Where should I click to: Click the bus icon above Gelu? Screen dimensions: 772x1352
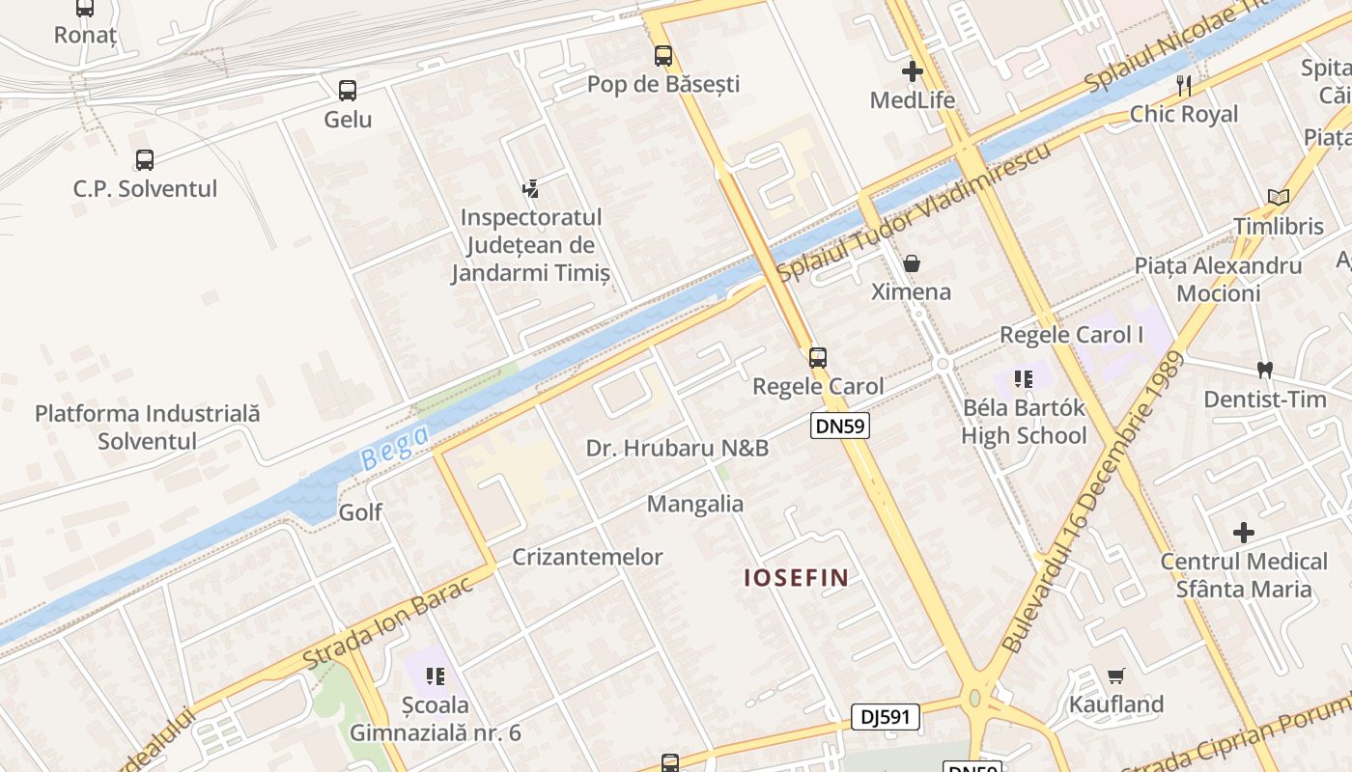[348, 91]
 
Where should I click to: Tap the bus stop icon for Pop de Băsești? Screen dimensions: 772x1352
[663, 56]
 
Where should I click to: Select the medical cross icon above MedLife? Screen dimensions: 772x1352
[913, 71]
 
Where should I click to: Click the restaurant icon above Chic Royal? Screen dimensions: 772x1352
[1184, 86]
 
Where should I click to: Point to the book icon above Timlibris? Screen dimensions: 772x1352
[1279, 198]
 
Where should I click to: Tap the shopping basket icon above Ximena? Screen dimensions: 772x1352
[911, 263]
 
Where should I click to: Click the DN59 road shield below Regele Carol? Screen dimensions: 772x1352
[839, 426]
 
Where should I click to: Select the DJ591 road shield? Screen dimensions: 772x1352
[886, 717]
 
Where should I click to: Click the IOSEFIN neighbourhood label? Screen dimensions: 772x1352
[797, 578]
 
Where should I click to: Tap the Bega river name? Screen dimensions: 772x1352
[394, 449]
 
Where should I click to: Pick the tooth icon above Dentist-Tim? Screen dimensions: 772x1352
[1265, 370]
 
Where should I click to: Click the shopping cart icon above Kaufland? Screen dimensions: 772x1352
[1116, 675]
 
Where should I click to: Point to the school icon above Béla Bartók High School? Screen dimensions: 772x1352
[1024, 379]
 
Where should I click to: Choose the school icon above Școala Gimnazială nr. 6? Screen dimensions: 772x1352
[435, 675]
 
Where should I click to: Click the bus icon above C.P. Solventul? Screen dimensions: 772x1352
[145, 160]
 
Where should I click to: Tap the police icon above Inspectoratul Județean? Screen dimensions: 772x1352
[530, 188]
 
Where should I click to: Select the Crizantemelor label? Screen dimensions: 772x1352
[587, 557]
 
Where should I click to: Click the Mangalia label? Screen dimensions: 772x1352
[695, 504]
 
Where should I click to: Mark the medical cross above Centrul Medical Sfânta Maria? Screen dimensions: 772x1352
[1244, 533]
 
